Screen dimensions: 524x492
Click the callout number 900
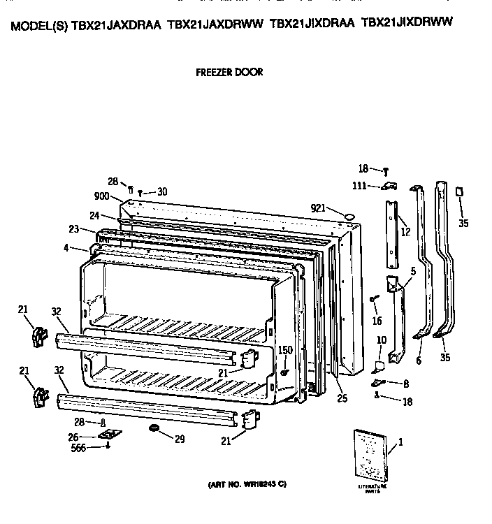(102, 197)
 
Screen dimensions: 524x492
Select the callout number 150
(285, 350)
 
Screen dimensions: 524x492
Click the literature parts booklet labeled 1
(370, 453)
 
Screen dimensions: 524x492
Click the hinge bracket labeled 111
(386, 186)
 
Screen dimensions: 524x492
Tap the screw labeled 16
(374, 299)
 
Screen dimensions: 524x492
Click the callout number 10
(381, 341)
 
